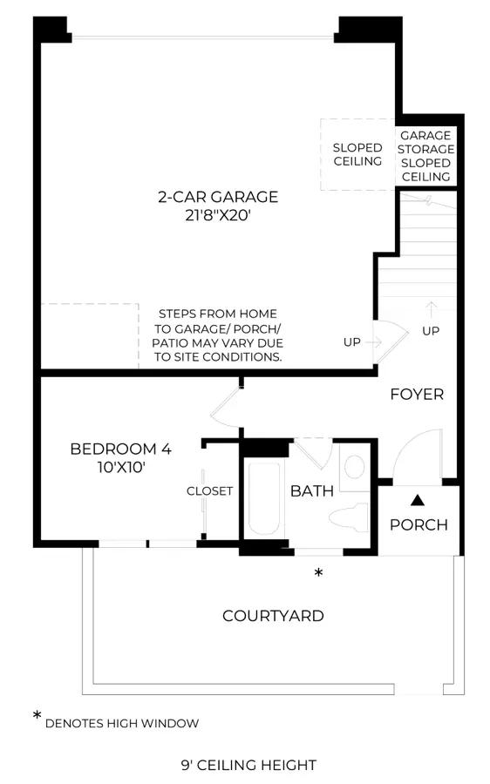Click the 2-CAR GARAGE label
click(218, 197)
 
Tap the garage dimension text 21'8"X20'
click(218, 215)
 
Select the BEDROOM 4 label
click(120, 449)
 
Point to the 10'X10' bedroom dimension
click(121, 468)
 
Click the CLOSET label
click(210, 491)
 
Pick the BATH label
click(312, 491)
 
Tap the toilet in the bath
click(349, 517)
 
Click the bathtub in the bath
click(264, 499)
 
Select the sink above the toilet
click(354, 467)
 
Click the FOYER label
click(417, 395)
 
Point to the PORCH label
click(419, 524)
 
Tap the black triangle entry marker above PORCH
click(418, 500)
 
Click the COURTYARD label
click(273, 616)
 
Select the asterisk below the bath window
click(318, 572)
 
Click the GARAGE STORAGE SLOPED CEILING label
click(426, 156)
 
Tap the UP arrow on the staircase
click(431, 309)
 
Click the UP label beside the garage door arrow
click(352, 342)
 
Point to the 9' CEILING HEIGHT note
click(248, 765)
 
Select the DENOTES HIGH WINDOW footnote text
click(121, 723)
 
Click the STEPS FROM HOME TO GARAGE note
click(218, 335)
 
